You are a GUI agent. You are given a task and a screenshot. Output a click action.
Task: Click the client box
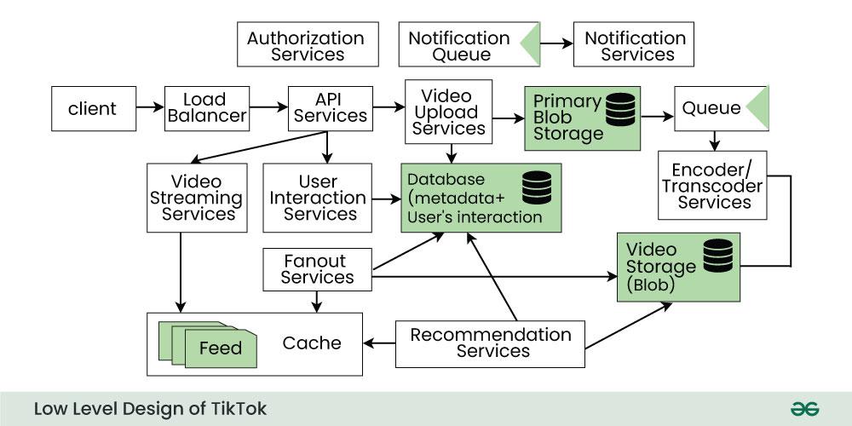pos(93,108)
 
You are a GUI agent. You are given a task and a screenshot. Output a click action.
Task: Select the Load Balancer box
pos(206,108)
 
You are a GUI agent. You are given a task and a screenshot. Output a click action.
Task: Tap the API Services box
pos(328,108)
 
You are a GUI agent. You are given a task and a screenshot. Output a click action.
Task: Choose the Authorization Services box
pos(306,46)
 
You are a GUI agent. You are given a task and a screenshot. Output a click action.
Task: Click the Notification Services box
pos(635,46)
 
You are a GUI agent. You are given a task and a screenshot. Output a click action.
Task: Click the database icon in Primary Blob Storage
pos(620,109)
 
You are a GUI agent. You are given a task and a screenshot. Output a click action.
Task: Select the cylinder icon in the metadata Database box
pos(537,188)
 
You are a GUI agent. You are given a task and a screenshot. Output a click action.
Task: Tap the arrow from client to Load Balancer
pos(150,108)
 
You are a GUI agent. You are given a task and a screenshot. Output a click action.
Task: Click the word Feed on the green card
pos(221,348)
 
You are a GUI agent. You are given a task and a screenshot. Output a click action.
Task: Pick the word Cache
pos(312,343)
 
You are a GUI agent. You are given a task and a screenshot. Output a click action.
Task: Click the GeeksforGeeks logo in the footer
pos(804,409)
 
